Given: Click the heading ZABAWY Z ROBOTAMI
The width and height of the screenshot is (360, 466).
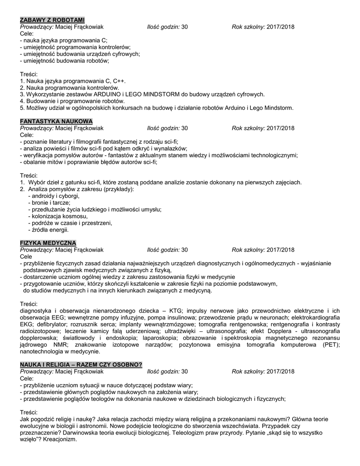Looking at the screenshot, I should click(52, 20).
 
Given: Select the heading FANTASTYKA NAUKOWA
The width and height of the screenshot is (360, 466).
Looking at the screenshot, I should click(56, 122).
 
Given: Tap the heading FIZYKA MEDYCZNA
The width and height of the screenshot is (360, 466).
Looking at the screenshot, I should click(48, 243).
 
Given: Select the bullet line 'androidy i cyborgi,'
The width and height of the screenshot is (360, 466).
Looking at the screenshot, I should click(54, 196).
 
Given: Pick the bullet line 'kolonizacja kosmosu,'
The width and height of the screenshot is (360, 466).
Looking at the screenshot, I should click(58, 216).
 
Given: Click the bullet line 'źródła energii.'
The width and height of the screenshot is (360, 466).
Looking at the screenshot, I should click(49, 230).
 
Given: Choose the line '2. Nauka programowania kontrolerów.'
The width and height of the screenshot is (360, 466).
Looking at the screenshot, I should click(70, 87).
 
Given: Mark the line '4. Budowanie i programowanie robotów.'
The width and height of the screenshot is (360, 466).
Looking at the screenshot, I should click(72, 101).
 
